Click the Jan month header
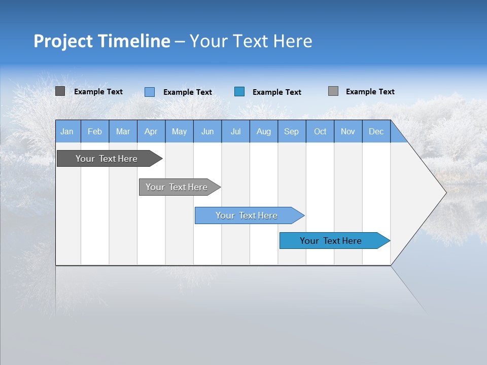pyautogui.click(x=67, y=131)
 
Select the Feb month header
pyautogui.click(x=95, y=131)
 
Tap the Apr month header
pyautogui.click(x=151, y=131)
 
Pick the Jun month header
pyautogui.click(x=207, y=131)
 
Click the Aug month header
pyautogui.click(x=264, y=131)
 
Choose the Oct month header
pyautogui.click(x=320, y=131)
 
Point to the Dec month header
pyautogui.click(x=376, y=131)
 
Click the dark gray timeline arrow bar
pyautogui.click(x=107, y=159)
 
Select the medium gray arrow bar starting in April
pyautogui.click(x=177, y=187)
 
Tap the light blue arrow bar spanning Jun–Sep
pyautogui.click(x=247, y=215)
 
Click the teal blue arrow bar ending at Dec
pyautogui.click(x=331, y=241)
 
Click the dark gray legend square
pyautogui.click(x=60, y=91)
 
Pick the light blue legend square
pyautogui.click(x=150, y=92)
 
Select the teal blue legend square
pyautogui.click(x=239, y=92)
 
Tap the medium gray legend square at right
pyautogui.click(x=333, y=91)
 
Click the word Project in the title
pyautogui.click(x=63, y=41)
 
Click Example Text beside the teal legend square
pyautogui.click(x=277, y=92)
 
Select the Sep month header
pyautogui.click(x=291, y=131)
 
